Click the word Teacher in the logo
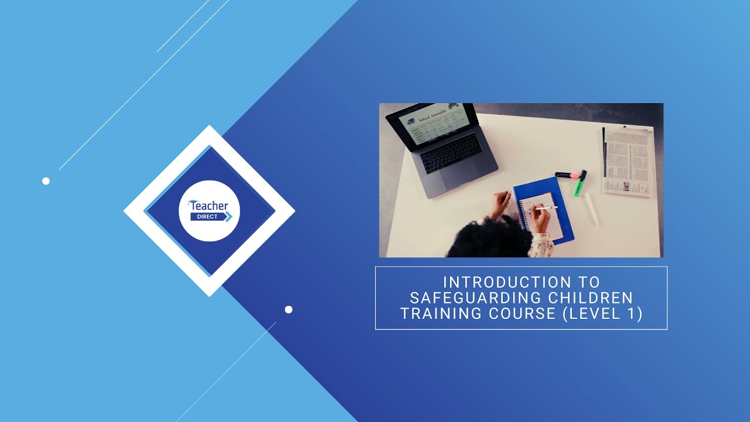pyautogui.click(x=209, y=206)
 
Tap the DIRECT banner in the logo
pyautogui.click(x=204, y=216)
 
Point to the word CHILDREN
pyautogui.click(x=592, y=298)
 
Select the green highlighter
pyautogui.click(x=579, y=185)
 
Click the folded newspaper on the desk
pyautogui.click(x=628, y=161)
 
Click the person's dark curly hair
pyautogui.click(x=496, y=240)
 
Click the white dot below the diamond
pyautogui.click(x=288, y=309)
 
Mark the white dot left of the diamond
pyautogui.click(x=46, y=181)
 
